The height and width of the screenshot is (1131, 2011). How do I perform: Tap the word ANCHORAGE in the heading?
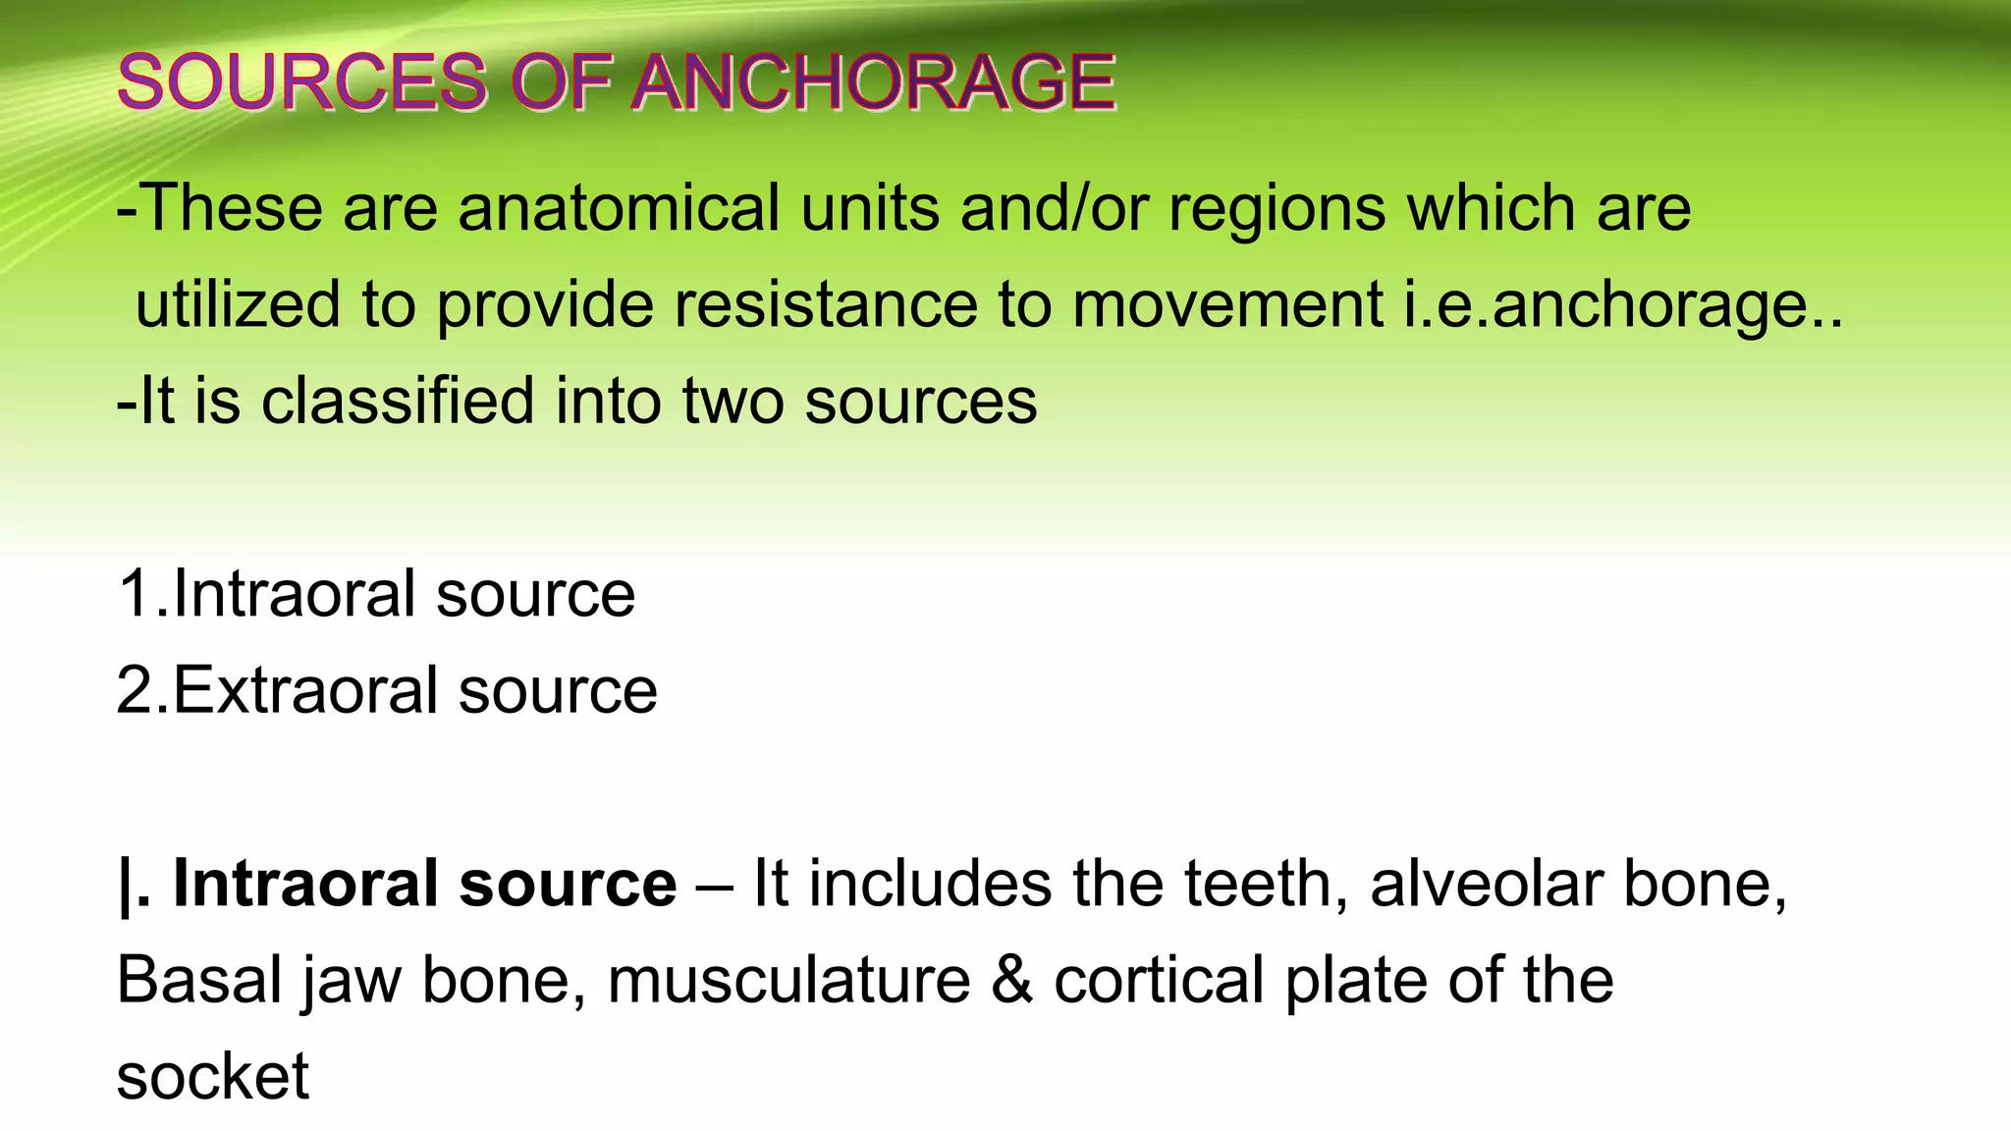[873, 81]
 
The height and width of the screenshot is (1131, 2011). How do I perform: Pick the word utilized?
[238, 304]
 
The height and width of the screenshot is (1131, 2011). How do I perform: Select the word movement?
[1227, 304]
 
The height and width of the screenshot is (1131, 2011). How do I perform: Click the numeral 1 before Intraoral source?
[134, 594]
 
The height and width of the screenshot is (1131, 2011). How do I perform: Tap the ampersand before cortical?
[1012, 980]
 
